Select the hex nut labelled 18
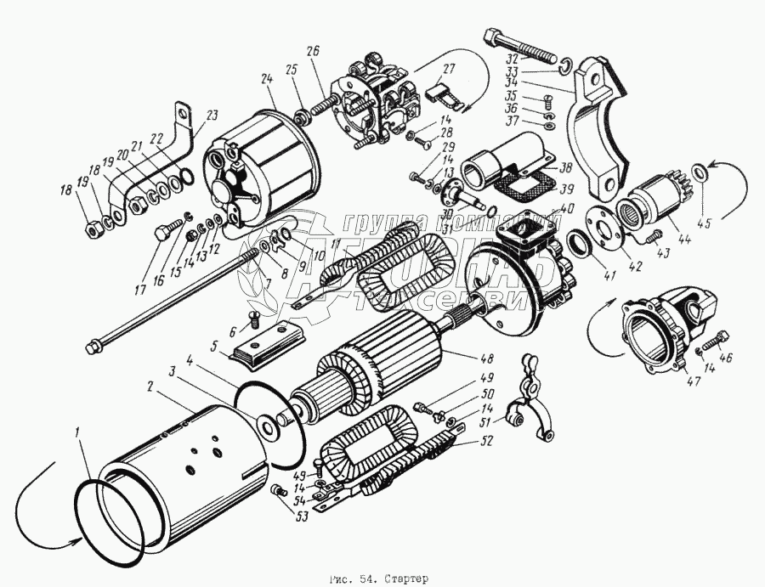click(x=93, y=227)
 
